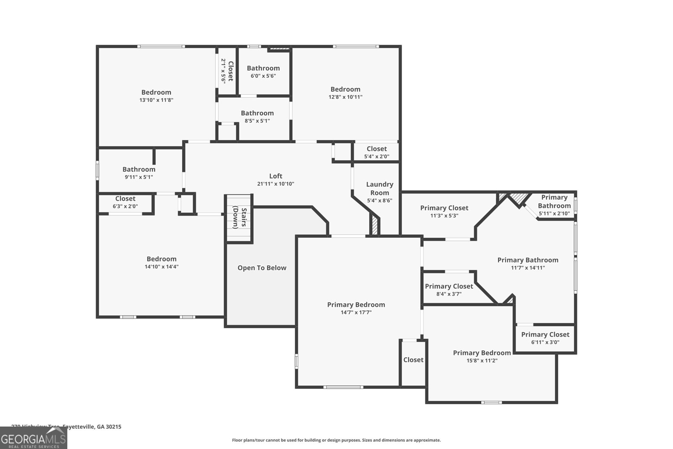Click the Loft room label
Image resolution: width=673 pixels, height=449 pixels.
276,176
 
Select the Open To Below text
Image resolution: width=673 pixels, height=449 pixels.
262,268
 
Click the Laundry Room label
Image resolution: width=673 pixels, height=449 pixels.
379,189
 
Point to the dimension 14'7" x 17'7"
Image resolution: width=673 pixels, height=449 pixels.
356,312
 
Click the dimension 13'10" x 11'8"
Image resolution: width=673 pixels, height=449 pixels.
156,100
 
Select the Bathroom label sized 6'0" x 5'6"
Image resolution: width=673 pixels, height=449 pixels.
263,68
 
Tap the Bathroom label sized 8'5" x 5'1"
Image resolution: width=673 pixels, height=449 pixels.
257,113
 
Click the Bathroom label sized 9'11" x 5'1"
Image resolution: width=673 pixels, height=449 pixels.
139,169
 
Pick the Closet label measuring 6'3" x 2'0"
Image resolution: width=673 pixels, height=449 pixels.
125,199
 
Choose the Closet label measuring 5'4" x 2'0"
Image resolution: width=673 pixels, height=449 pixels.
376,149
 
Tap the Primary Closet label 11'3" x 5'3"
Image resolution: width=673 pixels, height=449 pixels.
444,208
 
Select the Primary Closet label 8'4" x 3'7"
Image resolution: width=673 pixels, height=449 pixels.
449,286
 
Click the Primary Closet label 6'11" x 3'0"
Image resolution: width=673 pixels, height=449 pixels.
545,335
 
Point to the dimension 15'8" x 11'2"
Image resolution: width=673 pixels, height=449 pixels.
482,361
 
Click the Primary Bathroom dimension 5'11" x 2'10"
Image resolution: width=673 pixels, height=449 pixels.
554,214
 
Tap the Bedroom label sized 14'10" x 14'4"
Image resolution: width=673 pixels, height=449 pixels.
162,259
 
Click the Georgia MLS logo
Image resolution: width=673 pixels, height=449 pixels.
33,438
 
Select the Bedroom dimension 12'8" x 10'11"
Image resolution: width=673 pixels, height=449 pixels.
345,97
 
